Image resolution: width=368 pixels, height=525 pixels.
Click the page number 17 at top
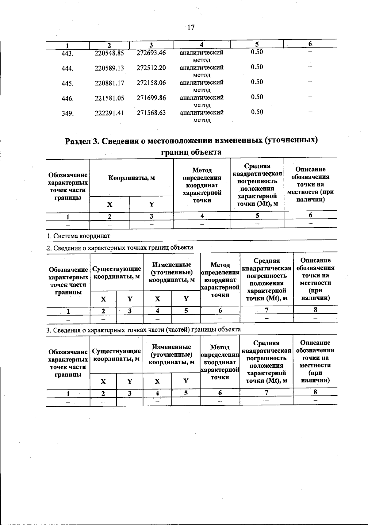point(191,28)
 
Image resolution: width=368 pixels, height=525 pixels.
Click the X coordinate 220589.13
point(109,68)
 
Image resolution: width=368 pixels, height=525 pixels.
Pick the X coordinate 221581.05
point(109,98)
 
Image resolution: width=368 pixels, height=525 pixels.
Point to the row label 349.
point(67,114)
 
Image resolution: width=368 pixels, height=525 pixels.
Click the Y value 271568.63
point(151,113)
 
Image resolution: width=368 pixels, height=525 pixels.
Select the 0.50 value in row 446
point(257,97)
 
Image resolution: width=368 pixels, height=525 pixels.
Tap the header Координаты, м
point(132,178)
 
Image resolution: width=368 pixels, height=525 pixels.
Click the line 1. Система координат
point(78,236)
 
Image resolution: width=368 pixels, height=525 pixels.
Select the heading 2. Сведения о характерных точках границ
point(120,247)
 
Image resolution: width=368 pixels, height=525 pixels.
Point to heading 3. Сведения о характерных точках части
point(143,330)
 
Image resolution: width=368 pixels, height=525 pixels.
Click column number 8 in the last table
point(315,392)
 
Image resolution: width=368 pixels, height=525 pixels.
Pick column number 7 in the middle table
point(266,310)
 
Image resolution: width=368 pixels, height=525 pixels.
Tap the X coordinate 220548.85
point(109,53)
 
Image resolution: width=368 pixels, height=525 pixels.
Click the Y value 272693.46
point(151,53)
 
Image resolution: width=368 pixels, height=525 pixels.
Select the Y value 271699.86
point(151,98)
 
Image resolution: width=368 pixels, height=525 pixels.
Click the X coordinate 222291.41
point(109,113)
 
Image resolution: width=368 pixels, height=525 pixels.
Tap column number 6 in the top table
point(310,44)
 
